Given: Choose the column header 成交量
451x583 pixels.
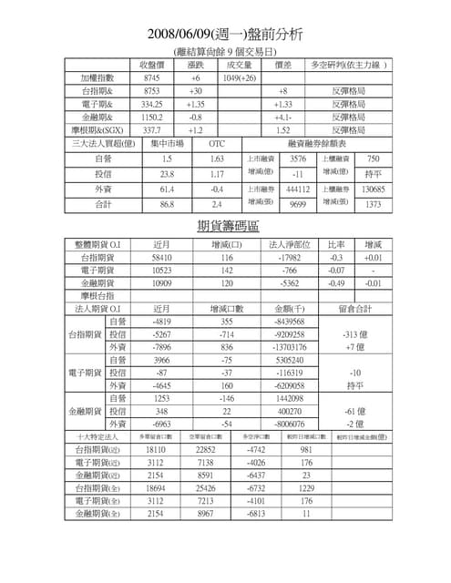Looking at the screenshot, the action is (239, 66).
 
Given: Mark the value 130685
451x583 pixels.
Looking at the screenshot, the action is (373, 189).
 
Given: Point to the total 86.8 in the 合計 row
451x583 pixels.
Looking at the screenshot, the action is (167, 206).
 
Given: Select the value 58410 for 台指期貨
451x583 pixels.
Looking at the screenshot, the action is (163, 258).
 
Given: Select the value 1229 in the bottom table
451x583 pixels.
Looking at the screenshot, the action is (306, 488).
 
